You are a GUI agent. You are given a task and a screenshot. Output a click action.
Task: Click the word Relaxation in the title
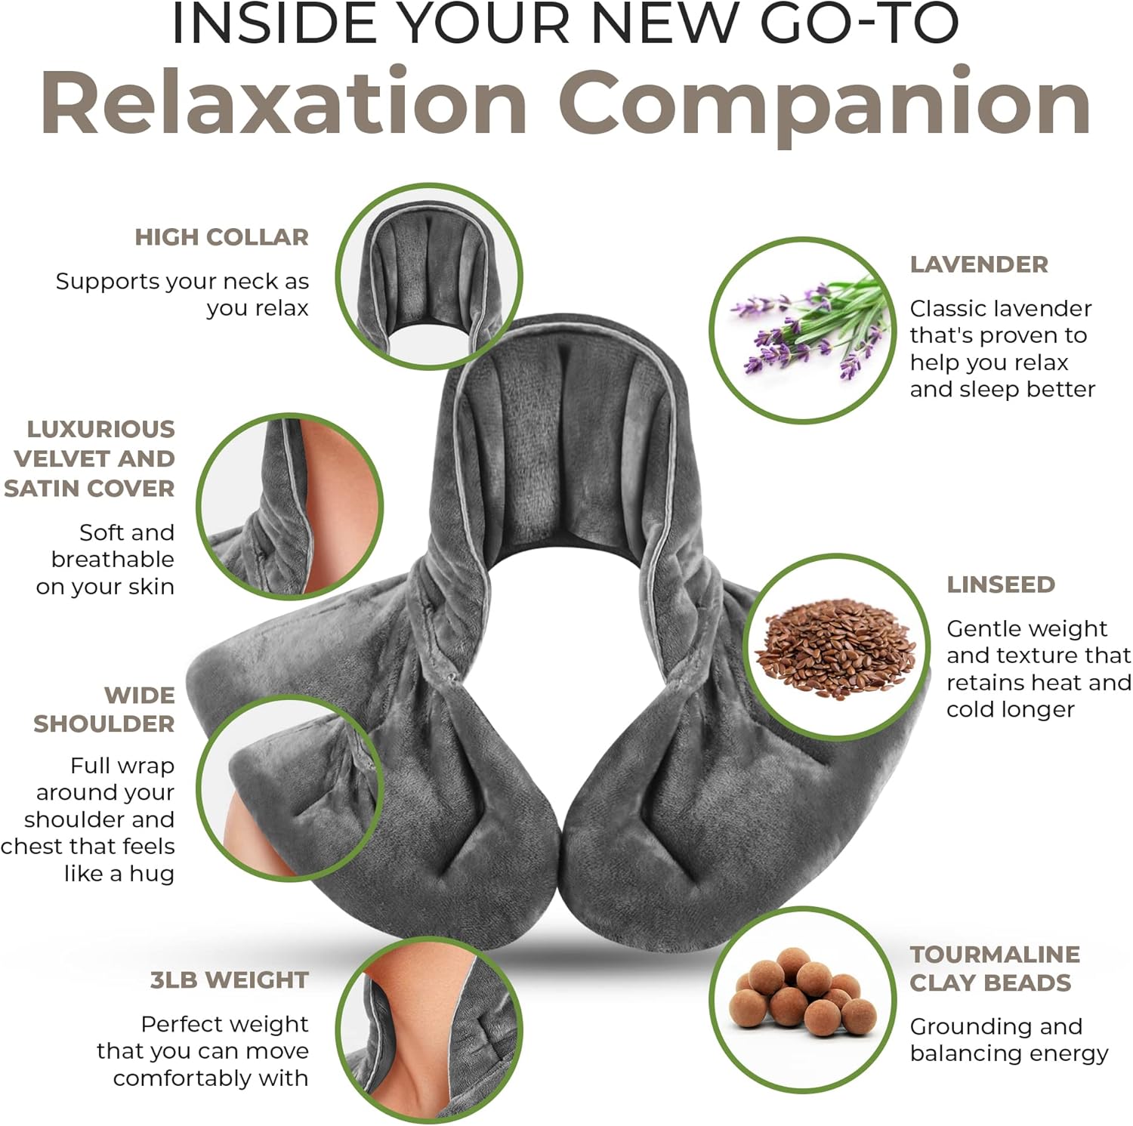coord(285,102)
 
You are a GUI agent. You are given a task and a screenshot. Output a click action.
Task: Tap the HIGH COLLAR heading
coord(221,237)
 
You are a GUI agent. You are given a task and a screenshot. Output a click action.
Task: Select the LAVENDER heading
coord(979,264)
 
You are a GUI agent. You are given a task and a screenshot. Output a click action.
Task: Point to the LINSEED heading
coord(1001,585)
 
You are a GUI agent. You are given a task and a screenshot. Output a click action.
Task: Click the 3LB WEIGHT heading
coord(229,979)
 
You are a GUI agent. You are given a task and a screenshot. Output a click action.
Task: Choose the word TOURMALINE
coord(995,955)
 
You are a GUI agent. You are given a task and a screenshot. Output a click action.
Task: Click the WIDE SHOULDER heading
coord(104,709)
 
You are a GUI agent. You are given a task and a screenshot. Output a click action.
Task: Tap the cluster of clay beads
coord(802,998)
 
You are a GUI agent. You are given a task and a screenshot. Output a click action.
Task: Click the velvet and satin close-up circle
coord(290,506)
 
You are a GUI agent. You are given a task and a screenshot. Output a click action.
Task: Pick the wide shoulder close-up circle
coord(290,789)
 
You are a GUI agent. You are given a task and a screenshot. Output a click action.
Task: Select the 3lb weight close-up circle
coord(428,1031)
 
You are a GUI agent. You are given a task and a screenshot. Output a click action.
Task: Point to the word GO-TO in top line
coord(859,24)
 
